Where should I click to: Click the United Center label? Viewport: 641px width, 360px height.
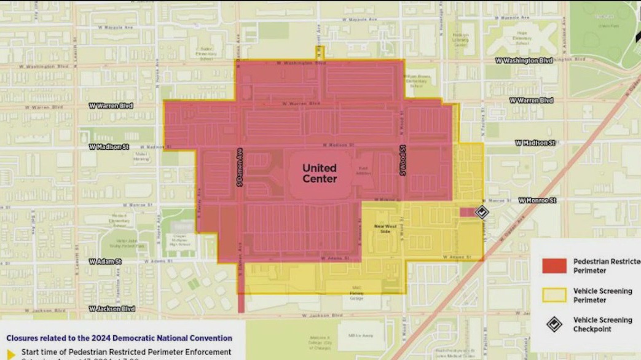320,173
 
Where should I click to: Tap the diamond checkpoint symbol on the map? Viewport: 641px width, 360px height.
482,212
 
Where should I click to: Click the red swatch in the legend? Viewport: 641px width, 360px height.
554,265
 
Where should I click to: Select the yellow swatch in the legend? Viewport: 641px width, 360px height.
554,295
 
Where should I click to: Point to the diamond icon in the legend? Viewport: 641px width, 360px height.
554,324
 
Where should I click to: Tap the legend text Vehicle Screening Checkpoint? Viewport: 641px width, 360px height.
602,324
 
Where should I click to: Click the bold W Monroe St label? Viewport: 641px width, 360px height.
537,200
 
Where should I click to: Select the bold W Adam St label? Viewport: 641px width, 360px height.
105,262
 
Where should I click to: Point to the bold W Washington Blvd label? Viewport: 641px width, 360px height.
524,61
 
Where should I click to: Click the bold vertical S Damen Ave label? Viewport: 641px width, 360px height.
239,168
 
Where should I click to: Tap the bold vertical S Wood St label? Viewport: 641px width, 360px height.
403,160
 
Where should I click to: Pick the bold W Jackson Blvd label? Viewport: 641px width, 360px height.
111,308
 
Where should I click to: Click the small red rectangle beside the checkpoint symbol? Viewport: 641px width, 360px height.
467,212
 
